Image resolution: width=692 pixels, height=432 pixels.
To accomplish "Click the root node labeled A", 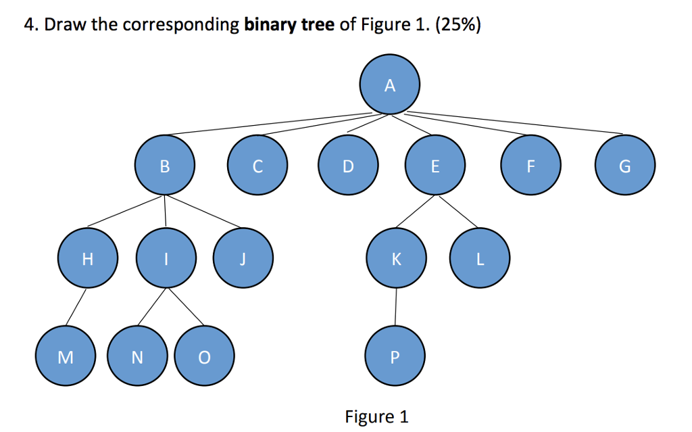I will pyautogui.click(x=389, y=86).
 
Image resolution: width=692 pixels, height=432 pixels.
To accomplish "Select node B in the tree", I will pyautogui.click(x=165, y=166).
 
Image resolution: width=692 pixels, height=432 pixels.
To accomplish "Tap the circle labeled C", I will pyautogui.click(x=257, y=166).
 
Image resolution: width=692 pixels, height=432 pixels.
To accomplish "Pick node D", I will pyautogui.click(x=347, y=166).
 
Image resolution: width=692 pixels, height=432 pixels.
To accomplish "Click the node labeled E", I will pyautogui.click(x=435, y=166).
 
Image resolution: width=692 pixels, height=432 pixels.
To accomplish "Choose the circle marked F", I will pyautogui.click(x=530, y=166).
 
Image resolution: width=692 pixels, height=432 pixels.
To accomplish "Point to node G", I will pyautogui.click(x=625, y=166).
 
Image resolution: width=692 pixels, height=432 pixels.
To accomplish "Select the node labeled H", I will pyautogui.click(x=86, y=259).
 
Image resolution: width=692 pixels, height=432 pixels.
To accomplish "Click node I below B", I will pyautogui.click(x=166, y=259).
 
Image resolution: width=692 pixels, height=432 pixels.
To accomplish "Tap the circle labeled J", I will pyautogui.click(x=243, y=259).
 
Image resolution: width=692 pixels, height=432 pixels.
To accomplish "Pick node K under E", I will pyautogui.click(x=396, y=259).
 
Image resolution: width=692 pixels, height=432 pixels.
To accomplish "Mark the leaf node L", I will pyautogui.click(x=480, y=259).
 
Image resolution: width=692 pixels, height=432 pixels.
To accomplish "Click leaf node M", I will pyautogui.click(x=66, y=356).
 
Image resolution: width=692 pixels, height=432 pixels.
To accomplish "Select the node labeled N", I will pyautogui.click(x=137, y=356).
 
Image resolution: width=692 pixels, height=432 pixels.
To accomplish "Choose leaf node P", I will pyautogui.click(x=395, y=356).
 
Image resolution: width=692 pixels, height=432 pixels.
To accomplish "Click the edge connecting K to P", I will pyautogui.click(x=396, y=308).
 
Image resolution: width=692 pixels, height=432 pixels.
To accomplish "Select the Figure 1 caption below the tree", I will pyautogui.click(x=376, y=416).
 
